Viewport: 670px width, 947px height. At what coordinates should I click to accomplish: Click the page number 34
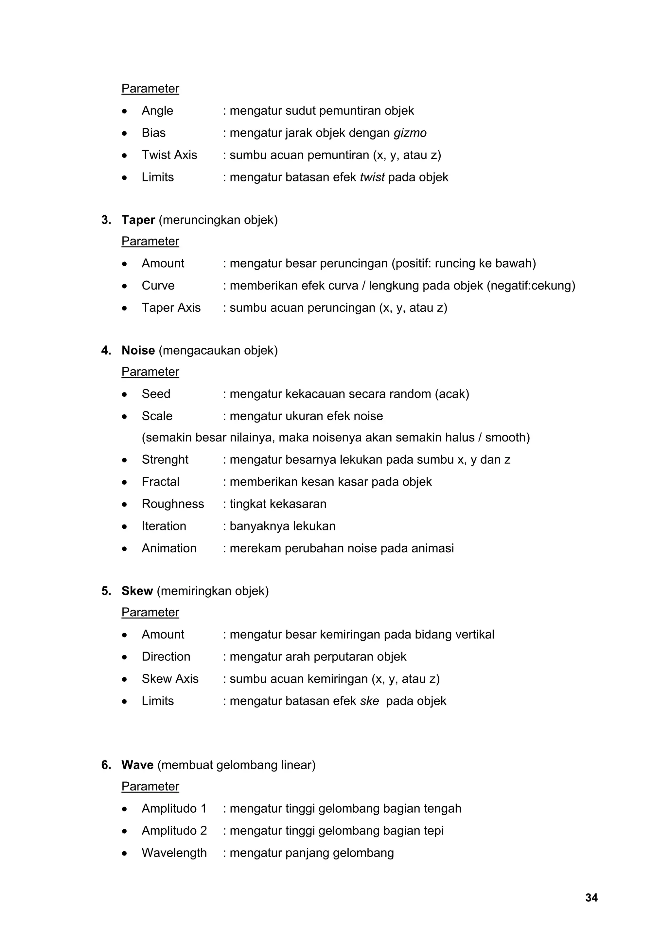[591, 898]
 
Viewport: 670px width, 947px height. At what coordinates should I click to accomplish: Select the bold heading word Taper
[138, 220]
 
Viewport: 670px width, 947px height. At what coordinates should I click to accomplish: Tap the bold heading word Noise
[138, 351]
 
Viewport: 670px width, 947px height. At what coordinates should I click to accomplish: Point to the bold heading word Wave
[137, 765]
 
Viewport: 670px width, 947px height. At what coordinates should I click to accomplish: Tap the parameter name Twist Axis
[169, 155]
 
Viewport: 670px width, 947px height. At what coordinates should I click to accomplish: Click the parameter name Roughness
[172, 504]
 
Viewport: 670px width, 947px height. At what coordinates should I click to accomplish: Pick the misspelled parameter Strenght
[165, 459]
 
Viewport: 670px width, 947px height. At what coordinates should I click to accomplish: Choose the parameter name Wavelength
[174, 853]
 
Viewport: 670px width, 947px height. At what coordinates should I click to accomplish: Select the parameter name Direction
[166, 656]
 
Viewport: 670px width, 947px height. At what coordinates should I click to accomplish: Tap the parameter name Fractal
[160, 482]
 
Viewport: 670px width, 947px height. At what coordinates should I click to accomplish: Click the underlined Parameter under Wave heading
[150, 787]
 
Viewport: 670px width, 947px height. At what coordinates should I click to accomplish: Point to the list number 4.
[106, 351]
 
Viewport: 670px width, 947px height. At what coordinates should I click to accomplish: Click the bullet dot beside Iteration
[124, 527]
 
